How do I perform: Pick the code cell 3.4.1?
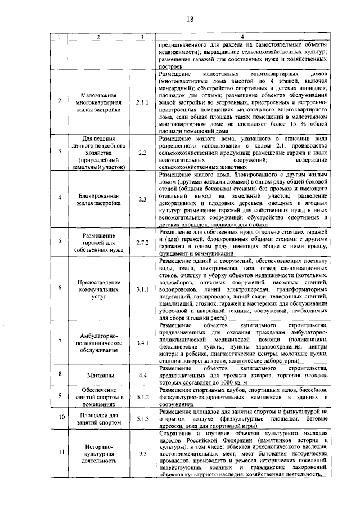[142, 342]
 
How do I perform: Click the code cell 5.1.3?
[142, 418]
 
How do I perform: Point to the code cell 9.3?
[142, 461]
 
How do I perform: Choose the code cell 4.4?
[142, 374]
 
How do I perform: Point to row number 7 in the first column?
[60, 342]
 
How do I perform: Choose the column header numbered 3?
[142, 37]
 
